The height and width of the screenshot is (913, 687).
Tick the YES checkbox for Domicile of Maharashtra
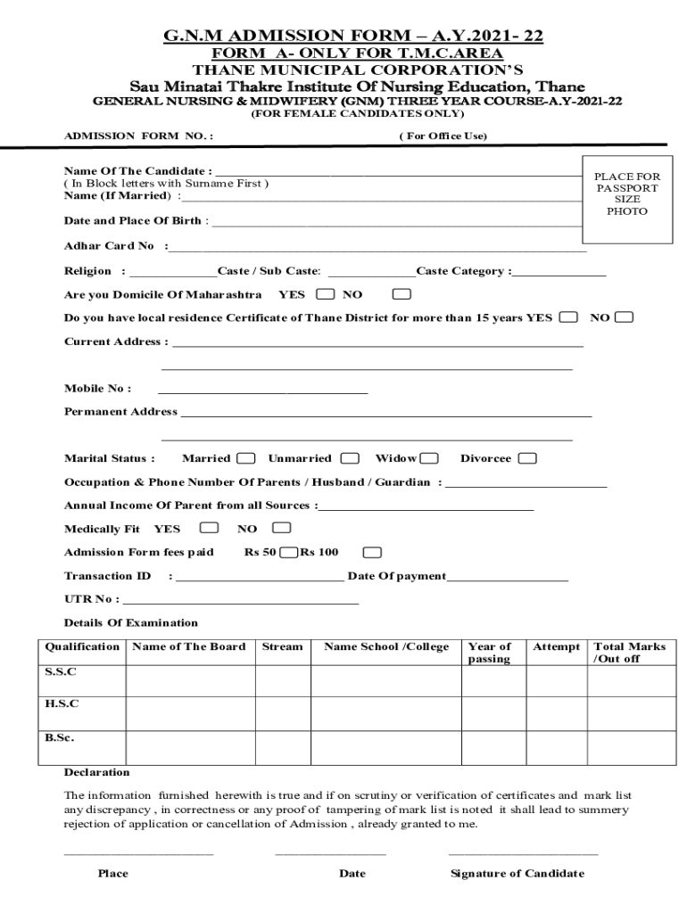click(x=326, y=293)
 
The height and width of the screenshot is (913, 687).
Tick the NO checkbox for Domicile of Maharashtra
click(x=402, y=293)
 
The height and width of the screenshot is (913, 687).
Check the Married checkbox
click(x=249, y=458)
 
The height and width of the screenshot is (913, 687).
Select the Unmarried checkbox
click(x=350, y=458)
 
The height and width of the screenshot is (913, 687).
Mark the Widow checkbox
click(x=429, y=458)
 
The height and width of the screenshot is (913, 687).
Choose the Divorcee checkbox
click(x=527, y=458)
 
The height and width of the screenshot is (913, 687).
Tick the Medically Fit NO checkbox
click(x=282, y=528)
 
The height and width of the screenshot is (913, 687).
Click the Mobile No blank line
click(x=262, y=390)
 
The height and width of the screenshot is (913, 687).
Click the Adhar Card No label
click(x=109, y=246)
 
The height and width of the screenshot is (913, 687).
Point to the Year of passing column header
click(x=490, y=653)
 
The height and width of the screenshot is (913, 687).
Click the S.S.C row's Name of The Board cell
click(x=190, y=679)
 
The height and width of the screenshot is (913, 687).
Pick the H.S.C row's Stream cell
click(x=282, y=713)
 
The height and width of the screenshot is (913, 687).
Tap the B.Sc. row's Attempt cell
click(x=556, y=747)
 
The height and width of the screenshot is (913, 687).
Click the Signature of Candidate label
click(x=517, y=873)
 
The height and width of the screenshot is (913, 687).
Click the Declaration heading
click(x=96, y=772)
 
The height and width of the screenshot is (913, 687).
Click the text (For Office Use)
click(x=443, y=136)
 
